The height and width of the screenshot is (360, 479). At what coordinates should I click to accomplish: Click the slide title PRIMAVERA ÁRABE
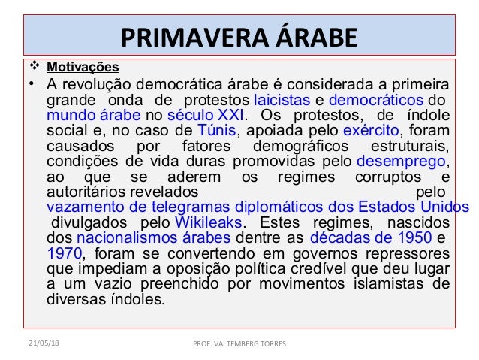pos(239,37)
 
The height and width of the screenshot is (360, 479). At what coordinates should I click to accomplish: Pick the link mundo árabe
pos(93,116)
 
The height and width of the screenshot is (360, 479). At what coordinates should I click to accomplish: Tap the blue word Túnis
pos(215,131)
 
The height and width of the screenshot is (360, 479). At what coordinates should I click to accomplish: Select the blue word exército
pos(380,131)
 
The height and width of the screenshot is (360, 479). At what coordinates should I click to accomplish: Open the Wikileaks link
pos(209,222)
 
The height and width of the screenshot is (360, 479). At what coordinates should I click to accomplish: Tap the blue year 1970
pos(65,253)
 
